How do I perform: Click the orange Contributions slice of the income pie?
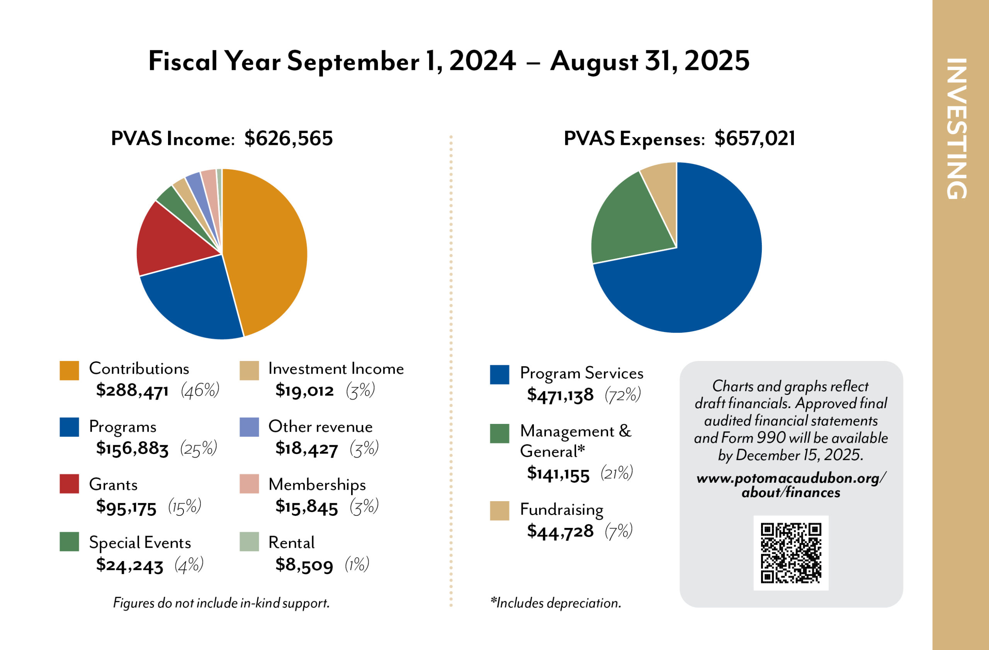point(266,249)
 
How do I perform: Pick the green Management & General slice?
point(623,225)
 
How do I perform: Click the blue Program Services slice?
point(698,270)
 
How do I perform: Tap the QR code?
point(791,553)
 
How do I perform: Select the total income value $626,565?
point(288,139)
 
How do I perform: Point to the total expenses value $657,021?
point(754,139)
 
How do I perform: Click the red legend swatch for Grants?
point(70,484)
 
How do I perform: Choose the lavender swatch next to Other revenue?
point(249,427)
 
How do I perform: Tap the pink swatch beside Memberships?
point(249,484)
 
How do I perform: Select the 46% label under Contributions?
point(200,390)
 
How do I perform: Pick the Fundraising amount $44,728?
point(560,531)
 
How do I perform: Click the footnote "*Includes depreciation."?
point(556,603)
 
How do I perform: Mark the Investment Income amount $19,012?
point(304,391)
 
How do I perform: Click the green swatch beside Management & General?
point(500,434)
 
